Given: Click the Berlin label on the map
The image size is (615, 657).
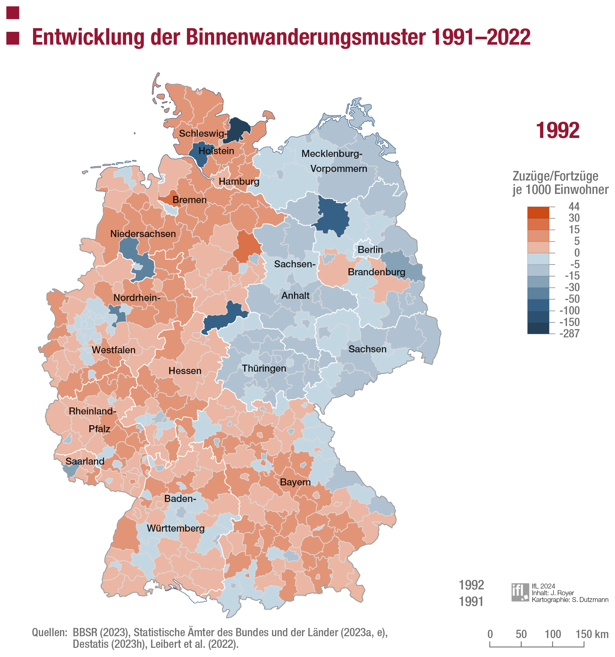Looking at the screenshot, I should point(370,250).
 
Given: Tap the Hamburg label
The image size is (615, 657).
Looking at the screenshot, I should point(239,181).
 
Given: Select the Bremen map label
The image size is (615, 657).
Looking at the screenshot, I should point(189,200).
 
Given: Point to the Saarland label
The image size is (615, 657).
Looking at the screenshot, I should point(85,461).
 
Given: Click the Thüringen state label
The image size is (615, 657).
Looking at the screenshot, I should point(263,368).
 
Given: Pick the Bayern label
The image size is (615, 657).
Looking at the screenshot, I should point(295,482).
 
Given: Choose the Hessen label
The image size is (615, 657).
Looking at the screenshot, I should point(184,371).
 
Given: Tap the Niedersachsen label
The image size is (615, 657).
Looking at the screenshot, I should point(143,234).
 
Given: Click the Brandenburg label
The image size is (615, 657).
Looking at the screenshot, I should point(376,272).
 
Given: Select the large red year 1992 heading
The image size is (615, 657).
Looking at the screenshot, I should point(557,131).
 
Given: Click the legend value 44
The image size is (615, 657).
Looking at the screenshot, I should point(574,206).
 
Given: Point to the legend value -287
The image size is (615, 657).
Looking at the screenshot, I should point(569,333).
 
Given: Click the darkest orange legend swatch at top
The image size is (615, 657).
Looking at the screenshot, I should point(538,213).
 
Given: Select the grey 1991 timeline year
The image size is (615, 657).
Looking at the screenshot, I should point(471,602).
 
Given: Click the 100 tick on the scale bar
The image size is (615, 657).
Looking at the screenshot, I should point(553,634).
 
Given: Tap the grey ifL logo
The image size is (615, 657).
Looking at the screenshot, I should point(520,592).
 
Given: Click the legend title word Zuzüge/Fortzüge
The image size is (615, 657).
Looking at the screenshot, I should point(555,176).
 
